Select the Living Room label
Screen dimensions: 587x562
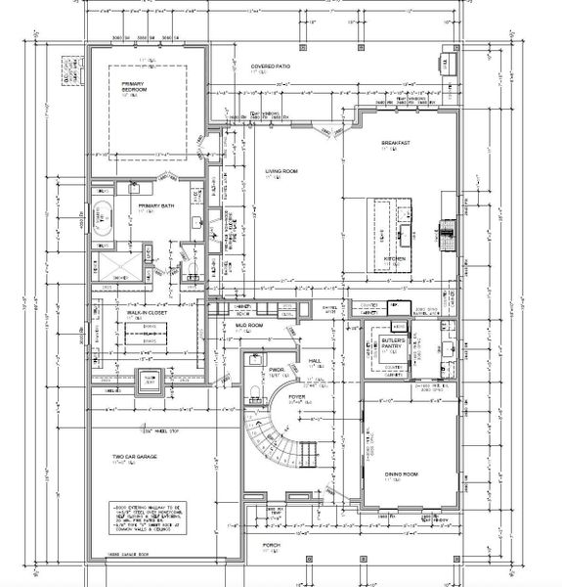(281, 173)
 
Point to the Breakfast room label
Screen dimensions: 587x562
(395, 144)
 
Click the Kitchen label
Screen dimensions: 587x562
(394, 258)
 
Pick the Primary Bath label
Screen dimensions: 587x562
(155, 205)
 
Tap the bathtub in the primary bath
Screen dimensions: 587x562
(104, 216)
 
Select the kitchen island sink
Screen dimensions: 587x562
(403, 235)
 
